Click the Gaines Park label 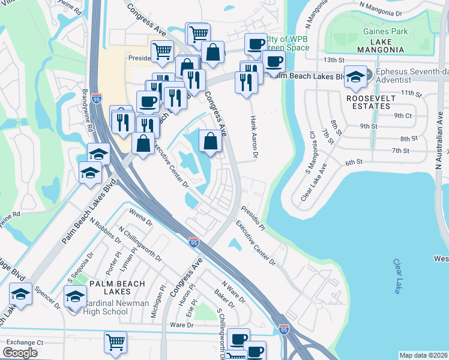pos(385,31)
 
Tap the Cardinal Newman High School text pos(113,307)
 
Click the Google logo pos(20,353)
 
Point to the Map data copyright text pos(424,355)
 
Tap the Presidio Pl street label pos(253,218)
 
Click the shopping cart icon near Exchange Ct pos(115,342)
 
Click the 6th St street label pos(354,162)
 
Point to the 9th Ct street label pos(403,115)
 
